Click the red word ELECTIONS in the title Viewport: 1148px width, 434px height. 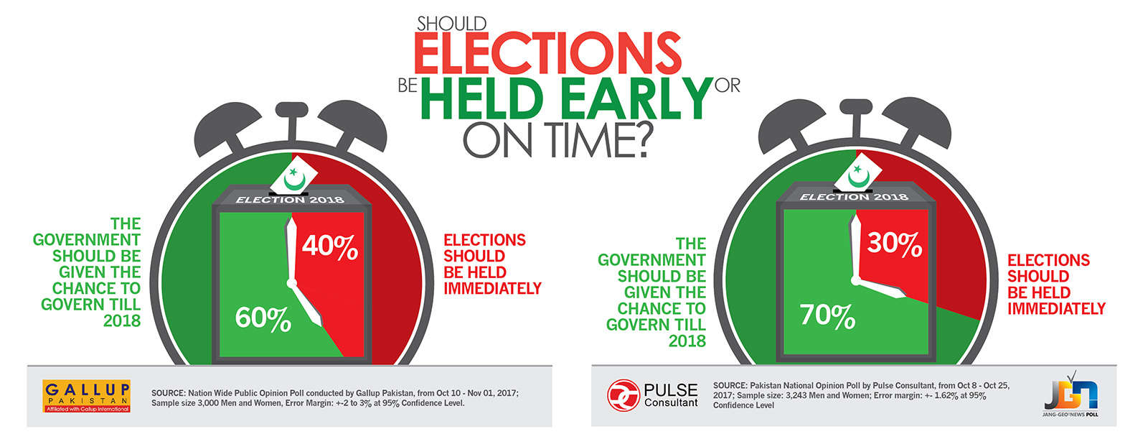click(x=547, y=53)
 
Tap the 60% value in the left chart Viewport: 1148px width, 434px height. click(x=263, y=318)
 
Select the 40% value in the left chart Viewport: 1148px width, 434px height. click(x=329, y=246)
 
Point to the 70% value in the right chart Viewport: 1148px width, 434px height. click(x=828, y=315)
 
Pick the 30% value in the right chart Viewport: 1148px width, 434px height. click(x=894, y=243)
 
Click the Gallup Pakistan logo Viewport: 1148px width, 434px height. click(x=87, y=396)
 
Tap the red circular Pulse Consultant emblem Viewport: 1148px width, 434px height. click(x=624, y=395)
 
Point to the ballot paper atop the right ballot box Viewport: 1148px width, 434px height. click(x=858, y=172)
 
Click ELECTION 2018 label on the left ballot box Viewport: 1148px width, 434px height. click(x=290, y=200)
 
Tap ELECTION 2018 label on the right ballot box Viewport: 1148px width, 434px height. click(x=854, y=197)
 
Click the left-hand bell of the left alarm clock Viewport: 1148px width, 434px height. click(x=221, y=129)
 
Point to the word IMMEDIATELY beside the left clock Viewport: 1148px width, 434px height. click(x=492, y=289)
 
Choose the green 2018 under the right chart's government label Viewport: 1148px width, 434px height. click(x=687, y=341)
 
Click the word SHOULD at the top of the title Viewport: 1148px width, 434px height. click(x=451, y=24)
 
